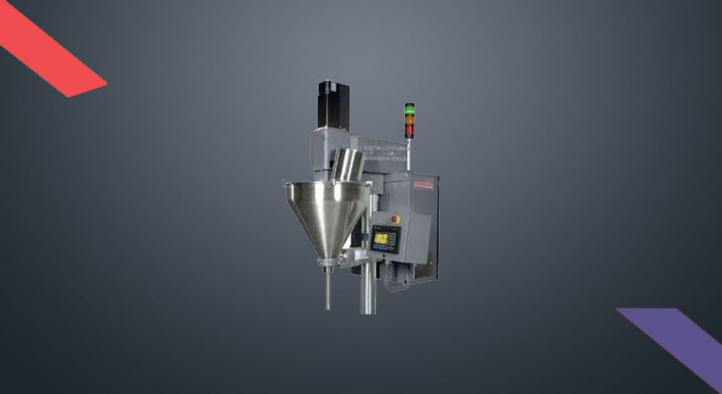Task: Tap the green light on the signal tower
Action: (410, 108)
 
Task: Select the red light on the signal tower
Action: (410, 130)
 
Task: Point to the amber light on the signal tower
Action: (410, 119)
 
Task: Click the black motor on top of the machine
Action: (333, 104)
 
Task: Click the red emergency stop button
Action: (395, 218)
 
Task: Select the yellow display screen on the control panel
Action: (381, 238)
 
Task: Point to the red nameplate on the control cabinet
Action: (423, 186)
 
